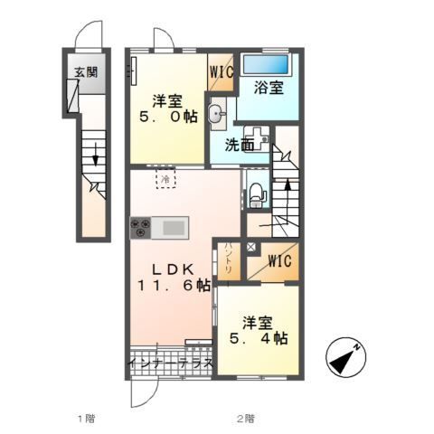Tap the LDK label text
click(x=172, y=269)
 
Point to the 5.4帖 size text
click(x=259, y=339)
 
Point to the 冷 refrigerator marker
click(x=166, y=182)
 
